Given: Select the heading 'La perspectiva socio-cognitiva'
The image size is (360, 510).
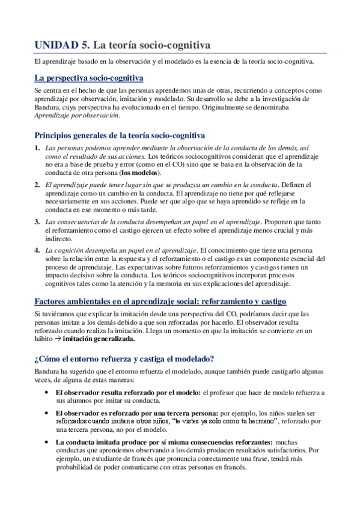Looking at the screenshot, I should coord(88,78).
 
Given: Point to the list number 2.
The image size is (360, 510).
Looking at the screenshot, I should coord(37,184).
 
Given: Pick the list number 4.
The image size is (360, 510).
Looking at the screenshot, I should coord(37,250).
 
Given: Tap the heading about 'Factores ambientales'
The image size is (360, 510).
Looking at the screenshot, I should coord(160,301).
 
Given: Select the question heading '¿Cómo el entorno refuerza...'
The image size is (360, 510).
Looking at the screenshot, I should coord(124,359).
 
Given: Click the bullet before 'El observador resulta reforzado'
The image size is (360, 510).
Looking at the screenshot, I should coord(47,392).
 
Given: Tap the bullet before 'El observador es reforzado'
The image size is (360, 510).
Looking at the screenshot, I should coord(47,413).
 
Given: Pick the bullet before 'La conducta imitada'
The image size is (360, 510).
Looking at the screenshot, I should coord(47,441).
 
